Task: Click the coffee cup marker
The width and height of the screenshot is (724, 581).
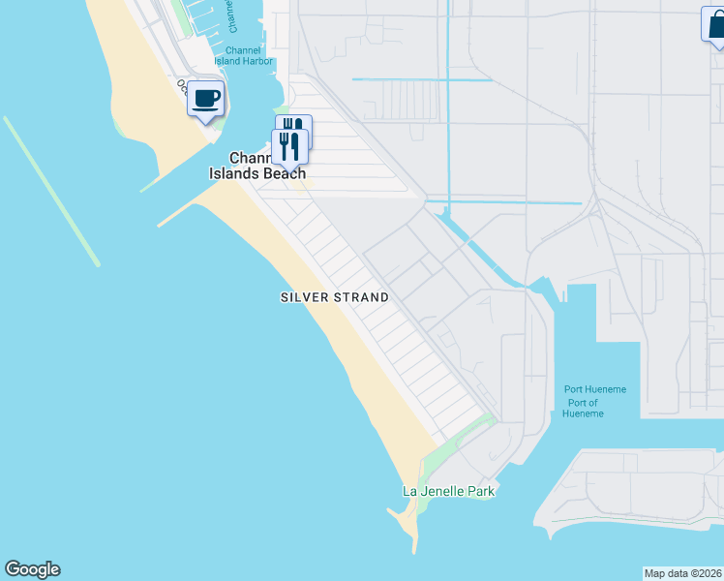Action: click(206, 98)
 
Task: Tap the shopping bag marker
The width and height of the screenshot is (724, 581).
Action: click(714, 25)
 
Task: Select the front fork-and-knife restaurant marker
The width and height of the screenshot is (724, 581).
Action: click(288, 145)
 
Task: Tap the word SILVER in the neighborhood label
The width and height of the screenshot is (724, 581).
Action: click(304, 297)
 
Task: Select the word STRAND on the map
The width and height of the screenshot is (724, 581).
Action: click(361, 297)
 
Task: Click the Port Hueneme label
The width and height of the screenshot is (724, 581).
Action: click(595, 389)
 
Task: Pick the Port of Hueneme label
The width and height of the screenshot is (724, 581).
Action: click(583, 408)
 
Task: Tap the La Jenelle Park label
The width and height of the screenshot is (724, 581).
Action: click(448, 491)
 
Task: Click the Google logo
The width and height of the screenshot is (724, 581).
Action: click(32, 569)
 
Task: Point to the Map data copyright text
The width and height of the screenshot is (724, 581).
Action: click(682, 573)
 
